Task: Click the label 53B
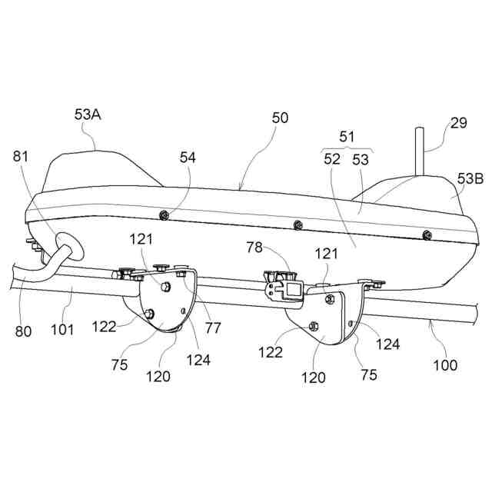[470, 179]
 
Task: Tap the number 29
[458, 123]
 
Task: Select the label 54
[188, 158]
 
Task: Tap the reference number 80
[24, 332]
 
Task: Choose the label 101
[63, 331]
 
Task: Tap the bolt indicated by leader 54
[163, 215]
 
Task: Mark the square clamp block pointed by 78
[293, 290]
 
